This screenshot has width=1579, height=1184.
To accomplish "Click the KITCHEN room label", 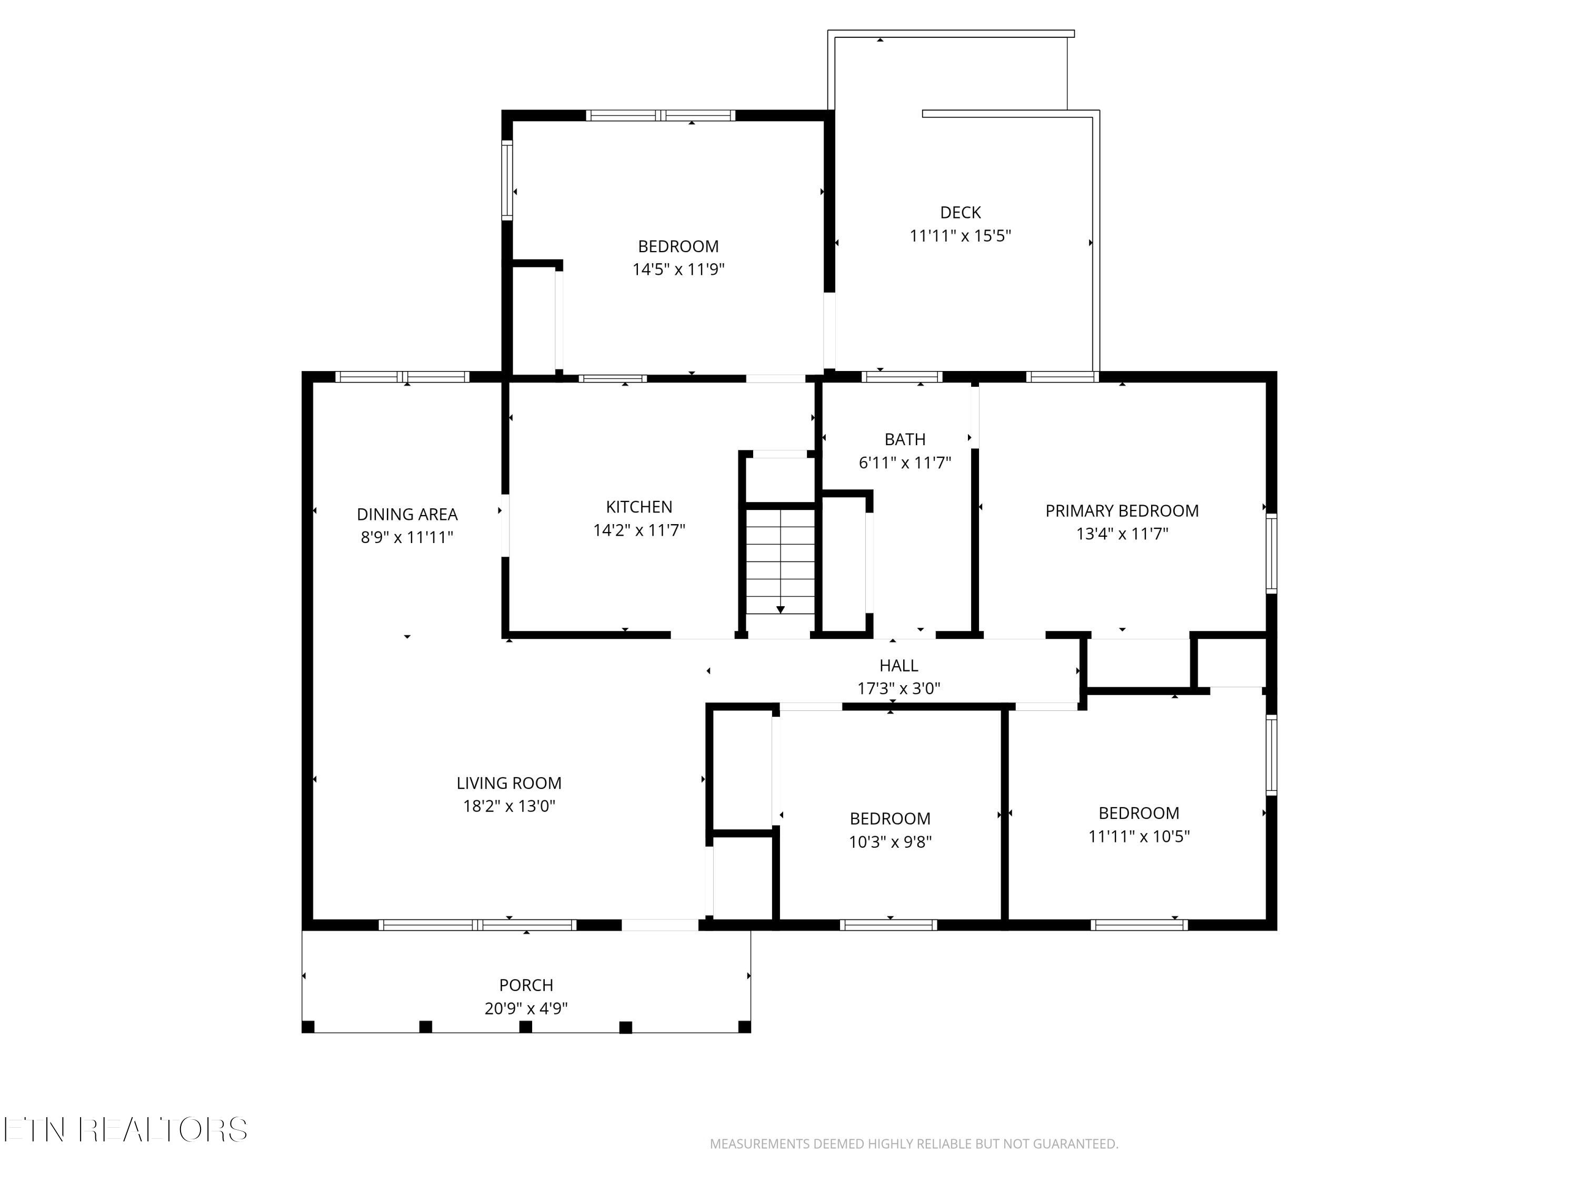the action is (639, 507).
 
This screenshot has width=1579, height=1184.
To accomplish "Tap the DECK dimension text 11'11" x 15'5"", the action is (960, 236).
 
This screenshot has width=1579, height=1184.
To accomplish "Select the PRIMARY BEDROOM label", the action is (1122, 511).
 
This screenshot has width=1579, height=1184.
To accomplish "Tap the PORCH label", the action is (526, 985).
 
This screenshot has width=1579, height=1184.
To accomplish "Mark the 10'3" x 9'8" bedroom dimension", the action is (890, 842).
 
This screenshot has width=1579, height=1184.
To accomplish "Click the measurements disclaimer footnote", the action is (914, 1144).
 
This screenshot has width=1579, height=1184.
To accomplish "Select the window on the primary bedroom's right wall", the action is (1271, 553).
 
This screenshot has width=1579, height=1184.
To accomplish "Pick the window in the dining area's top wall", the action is (403, 377).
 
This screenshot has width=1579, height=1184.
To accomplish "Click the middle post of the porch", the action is (525, 1027).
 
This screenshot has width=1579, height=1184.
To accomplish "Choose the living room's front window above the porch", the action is (477, 925).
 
